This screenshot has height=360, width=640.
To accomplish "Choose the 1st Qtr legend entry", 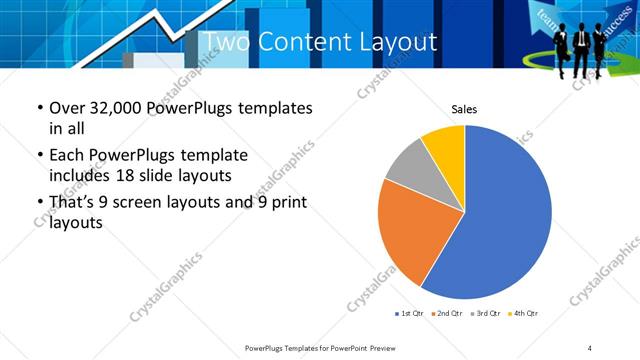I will coord(411,314).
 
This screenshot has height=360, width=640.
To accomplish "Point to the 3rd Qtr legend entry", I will coord(487,314).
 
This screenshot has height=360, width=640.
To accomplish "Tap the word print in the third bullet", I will coord(282,203).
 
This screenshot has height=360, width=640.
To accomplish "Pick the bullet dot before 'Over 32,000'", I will coord(39,108).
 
